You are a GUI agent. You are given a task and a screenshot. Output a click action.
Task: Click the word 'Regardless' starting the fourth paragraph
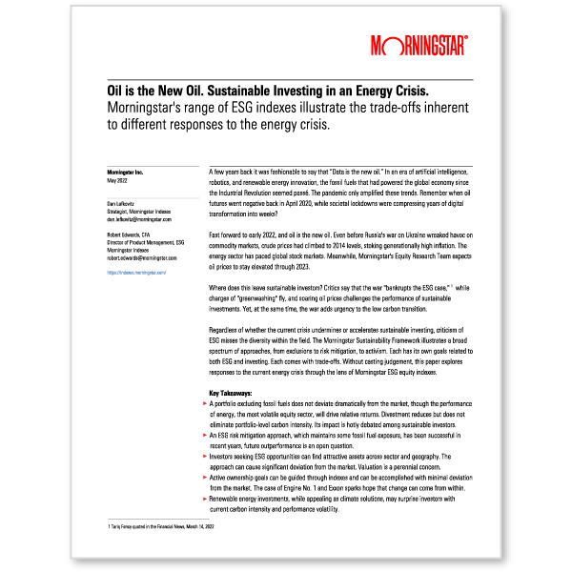(226, 330)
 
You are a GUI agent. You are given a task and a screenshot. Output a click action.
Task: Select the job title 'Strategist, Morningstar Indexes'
(135, 211)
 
